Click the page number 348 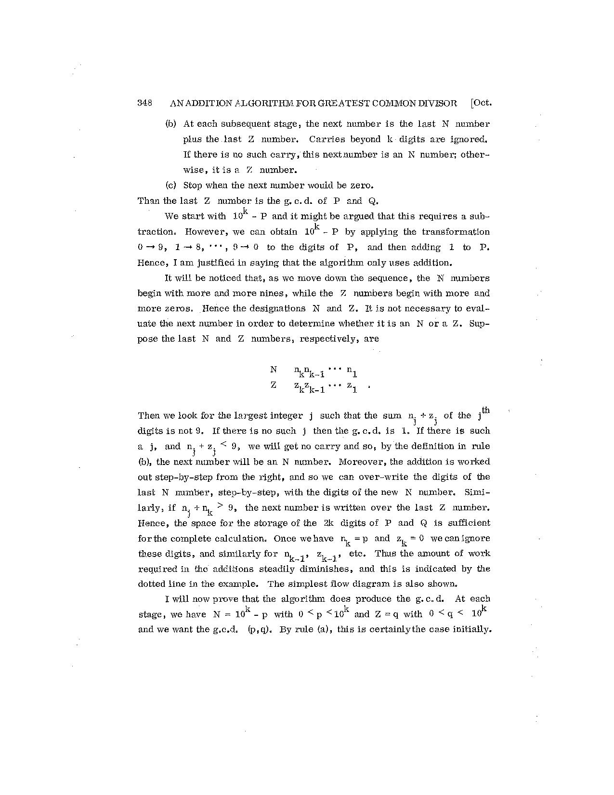tap(145, 103)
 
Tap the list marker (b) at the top tap(171, 124)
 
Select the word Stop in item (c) tap(193, 185)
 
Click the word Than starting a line tap(148, 201)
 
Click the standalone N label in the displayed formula tap(274, 370)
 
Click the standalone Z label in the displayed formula tap(274, 385)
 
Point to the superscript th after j tap(486, 411)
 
